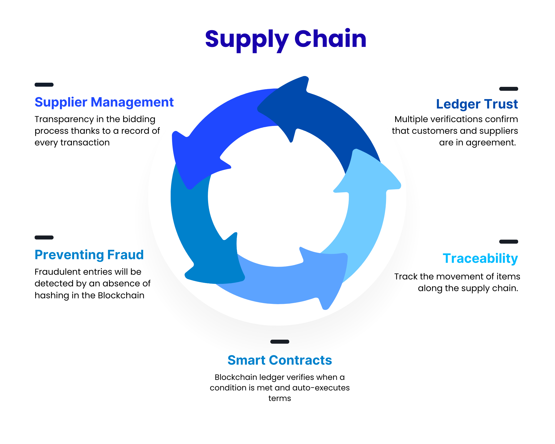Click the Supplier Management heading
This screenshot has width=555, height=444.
point(104,102)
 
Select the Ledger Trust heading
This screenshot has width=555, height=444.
point(476,104)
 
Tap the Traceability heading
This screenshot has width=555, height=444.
point(480,258)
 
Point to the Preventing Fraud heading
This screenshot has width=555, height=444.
point(89,255)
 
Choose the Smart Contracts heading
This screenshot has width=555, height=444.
point(279,360)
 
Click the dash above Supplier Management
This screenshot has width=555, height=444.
point(44,85)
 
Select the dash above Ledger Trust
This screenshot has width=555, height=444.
point(508,89)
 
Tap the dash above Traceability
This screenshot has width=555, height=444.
point(508,242)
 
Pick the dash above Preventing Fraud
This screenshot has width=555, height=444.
point(44,238)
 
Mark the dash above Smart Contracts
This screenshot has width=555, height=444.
point(279,342)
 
